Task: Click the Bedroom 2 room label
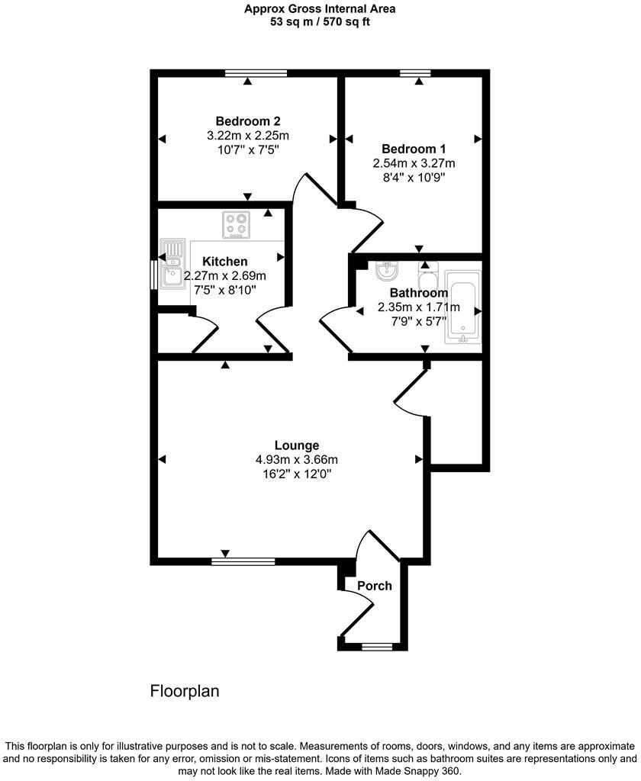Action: tap(248, 121)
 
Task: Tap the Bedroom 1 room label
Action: tap(414, 149)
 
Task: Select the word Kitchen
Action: tap(224, 262)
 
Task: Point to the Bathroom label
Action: tap(418, 293)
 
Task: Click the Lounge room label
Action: tap(297, 445)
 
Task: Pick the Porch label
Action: tap(375, 586)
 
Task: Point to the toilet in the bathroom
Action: tap(428, 271)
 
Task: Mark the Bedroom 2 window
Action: tap(256, 73)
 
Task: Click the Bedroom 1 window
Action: tap(415, 73)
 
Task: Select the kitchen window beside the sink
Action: tap(153, 275)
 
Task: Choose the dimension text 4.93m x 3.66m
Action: tap(297, 460)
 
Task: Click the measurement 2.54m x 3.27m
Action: tap(414, 163)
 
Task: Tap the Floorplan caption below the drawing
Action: tap(185, 692)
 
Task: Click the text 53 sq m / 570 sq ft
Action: tap(320, 22)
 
